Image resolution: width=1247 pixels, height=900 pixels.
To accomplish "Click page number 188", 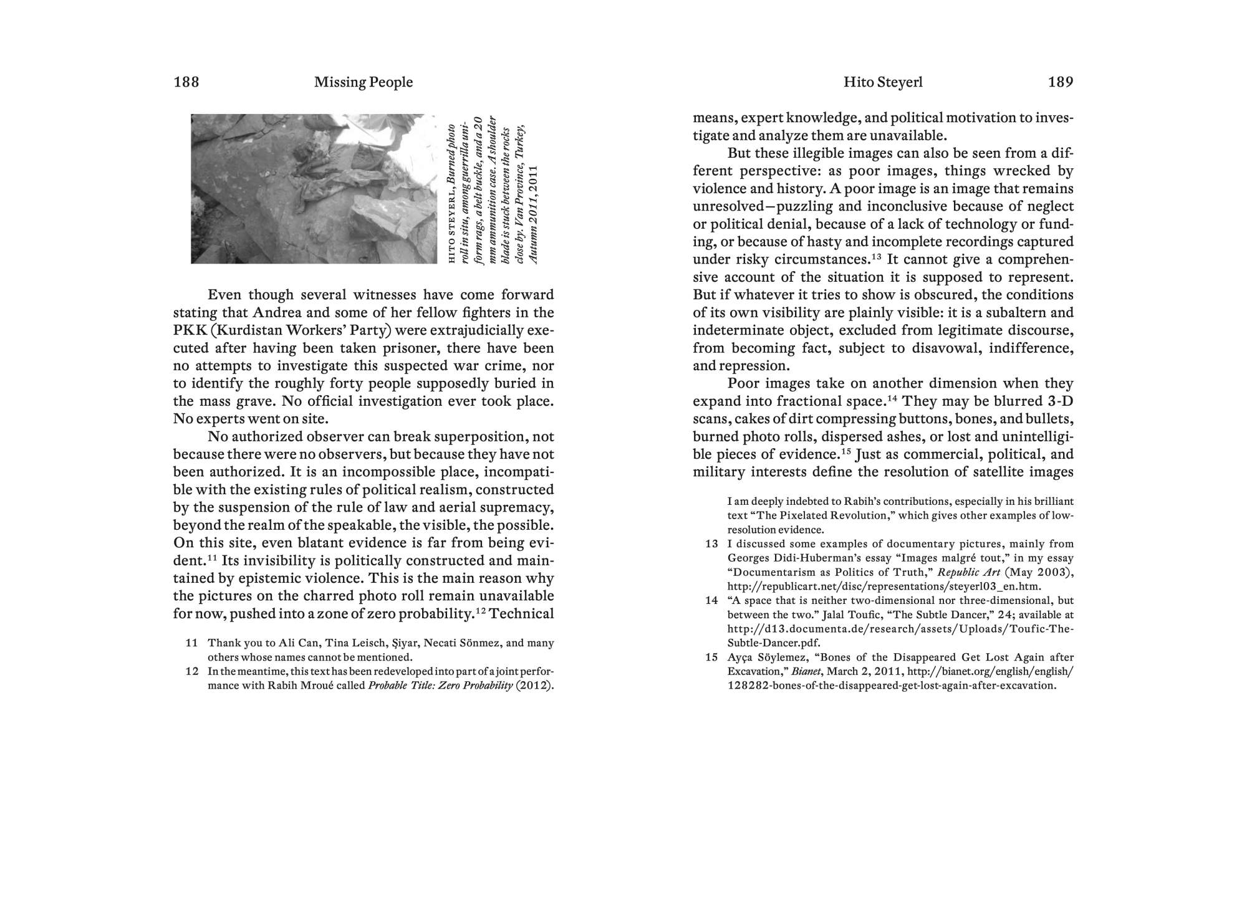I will pos(186,82).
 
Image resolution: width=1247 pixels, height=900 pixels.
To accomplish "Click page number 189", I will pos(1060,82).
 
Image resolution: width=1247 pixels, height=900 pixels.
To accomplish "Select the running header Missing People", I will pos(364,82).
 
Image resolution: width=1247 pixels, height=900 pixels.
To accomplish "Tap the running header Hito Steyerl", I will pos(883,82).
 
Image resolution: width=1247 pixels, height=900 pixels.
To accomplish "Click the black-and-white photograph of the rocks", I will pos(314,188).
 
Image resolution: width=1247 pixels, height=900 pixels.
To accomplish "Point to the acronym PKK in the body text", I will pos(190,330).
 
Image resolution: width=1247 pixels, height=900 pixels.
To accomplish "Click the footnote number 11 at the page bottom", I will pos(191,643).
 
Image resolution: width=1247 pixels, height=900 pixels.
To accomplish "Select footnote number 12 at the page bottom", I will pos(191,671).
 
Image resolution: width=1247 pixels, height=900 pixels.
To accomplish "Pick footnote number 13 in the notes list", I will pos(711,544).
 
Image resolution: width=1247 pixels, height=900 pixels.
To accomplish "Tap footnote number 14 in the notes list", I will pos(711,601).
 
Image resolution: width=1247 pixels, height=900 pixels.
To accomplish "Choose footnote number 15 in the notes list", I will pos(711,658).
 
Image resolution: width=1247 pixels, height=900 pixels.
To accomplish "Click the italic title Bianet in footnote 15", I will pos(806,672).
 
